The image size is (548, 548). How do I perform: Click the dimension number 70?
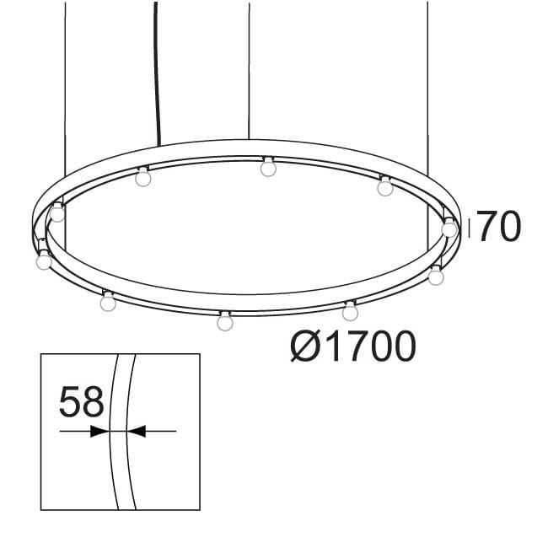click(x=500, y=227)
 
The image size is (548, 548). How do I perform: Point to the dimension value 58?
click(x=81, y=402)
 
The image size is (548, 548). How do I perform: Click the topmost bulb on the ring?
click(x=268, y=168)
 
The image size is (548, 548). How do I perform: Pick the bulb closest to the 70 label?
click(x=449, y=228)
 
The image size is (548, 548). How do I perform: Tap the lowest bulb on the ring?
click(x=224, y=322)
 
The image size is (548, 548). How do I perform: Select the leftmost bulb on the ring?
click(x=44, y=261)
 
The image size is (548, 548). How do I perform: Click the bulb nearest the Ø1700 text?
click(x=350, y=313)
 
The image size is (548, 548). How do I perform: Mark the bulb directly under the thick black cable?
click(x=143, y=178)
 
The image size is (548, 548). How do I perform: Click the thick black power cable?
click(x=157, y=67)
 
